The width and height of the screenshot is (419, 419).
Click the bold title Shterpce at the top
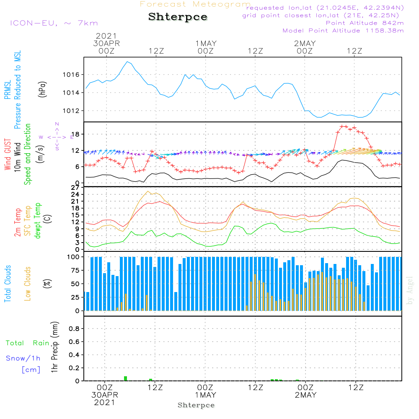pyautogui.click(x=178, y=17)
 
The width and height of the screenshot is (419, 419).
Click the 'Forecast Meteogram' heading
pyautogui.click(x=195, y=5)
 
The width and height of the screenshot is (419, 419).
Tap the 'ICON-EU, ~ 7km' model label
pyautogui.click(x=54, y=23)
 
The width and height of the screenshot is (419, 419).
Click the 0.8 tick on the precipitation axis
pyautogui.click(x=74, y=329)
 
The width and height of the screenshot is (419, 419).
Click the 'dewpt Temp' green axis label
pyautogui.click(x=38, y=221)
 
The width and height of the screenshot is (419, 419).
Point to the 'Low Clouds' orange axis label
pyautogui.click(x=28, y=283)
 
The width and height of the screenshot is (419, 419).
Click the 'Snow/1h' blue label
pyautogui.click(x=23, y=359)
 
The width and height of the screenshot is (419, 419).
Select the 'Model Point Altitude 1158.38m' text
pyautogui.click(x=343, y=31)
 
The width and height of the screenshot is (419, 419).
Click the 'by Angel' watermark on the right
pyautogui.click(x=410, y=290)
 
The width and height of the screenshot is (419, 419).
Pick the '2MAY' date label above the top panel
pyautogui.click(x=305, y=44)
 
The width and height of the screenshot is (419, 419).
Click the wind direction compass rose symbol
pyautogui.click(x=57, y=137)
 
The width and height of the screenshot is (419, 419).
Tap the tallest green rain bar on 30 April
pyautogui.click(x=125, y=378)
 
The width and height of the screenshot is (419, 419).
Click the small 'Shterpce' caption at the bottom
pyautogui.click(x=196, y=405)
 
